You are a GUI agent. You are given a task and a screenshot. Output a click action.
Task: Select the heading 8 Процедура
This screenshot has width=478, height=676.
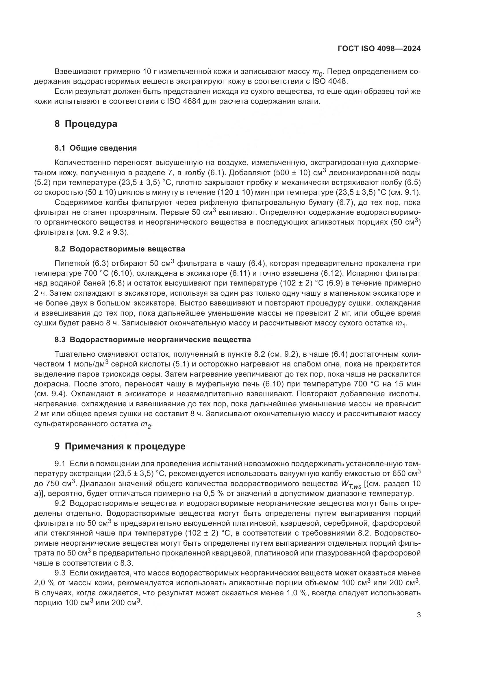point(86,124)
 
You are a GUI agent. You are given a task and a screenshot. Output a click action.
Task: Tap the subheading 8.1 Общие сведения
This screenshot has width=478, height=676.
point(96,148)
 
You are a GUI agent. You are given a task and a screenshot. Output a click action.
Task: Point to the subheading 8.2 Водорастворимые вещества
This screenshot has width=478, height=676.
point(120,249)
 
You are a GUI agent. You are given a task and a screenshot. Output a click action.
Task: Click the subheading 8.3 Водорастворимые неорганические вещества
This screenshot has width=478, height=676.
point(153,340)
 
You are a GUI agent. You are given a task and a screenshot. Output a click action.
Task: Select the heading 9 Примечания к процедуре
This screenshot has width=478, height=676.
point(120,446)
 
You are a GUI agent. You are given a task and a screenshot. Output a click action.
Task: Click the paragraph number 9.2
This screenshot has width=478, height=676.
point(61,504)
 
